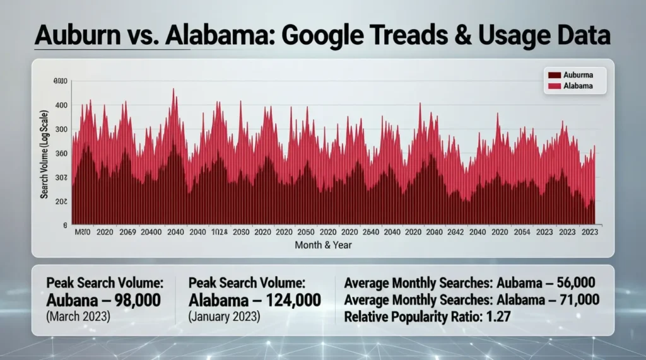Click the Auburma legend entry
coord(572,75)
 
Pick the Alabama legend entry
coord(572,86)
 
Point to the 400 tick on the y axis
coord(60,105)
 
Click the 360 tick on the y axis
coord(60,153)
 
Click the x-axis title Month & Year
coord(324,245)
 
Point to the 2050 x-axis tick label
coord(307,232)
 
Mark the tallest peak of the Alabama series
coord(173,90)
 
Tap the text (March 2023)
coord(79,315)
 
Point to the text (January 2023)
coord(224,315)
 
